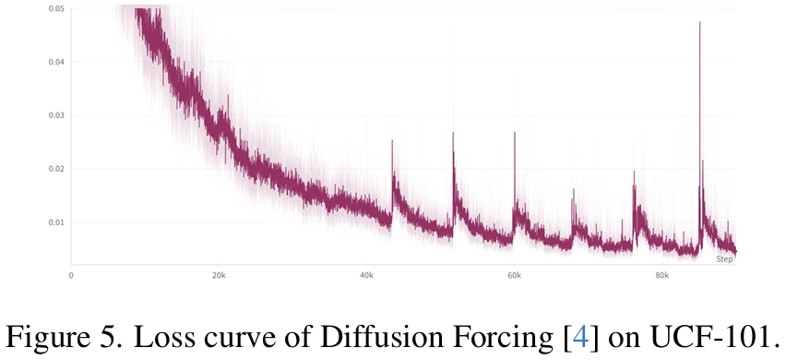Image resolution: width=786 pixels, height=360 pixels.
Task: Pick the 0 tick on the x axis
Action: click(71, 275)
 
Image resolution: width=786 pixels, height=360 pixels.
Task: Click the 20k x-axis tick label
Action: click(219, 275)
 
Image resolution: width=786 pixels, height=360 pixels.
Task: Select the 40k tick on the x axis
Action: click(366, 275)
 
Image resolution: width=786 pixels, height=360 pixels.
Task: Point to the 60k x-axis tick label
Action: click(514, 275)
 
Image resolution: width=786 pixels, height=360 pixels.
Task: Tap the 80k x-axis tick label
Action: click(661, 275)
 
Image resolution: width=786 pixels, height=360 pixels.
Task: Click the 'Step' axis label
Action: click(724, 259)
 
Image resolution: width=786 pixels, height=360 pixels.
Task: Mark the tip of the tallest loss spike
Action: click(700, 22)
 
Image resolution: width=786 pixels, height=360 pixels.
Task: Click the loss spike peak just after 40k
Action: click(392, 140)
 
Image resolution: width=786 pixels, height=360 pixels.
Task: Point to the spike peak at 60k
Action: click(515, 132)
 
